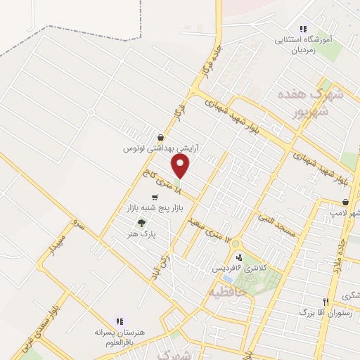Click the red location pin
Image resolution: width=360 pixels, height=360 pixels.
[181, 167]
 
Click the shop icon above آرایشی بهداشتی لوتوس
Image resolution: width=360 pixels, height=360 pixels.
[162, 138]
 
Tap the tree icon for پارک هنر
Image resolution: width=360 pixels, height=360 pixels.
[141, 222]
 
